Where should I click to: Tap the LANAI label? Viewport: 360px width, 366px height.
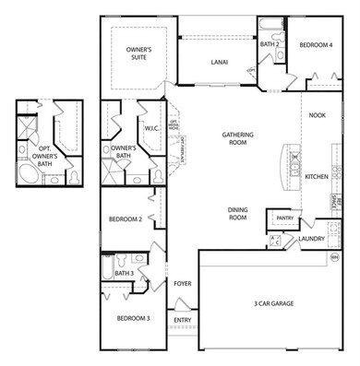(x=219, y=64)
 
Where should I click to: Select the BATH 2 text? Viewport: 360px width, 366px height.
(x=270, y=43)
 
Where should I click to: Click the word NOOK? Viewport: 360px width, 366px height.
(x=318, y=115)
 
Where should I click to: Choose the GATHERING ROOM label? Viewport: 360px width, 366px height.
(x=237, y=138)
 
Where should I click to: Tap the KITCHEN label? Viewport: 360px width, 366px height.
(x=318, y=176)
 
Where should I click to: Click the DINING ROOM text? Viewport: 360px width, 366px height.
(x=237, y=214)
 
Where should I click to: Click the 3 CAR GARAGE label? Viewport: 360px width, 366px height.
(x=276, y=303)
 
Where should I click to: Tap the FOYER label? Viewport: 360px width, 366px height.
(x=182, y=283)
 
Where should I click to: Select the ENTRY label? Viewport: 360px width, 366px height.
(x=182, y=320)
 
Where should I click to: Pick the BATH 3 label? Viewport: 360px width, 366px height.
(x=125, y=273)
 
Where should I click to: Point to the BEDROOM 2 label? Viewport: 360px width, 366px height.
(x=125, y=219)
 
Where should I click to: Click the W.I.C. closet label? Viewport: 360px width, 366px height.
(x=151, y=128)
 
